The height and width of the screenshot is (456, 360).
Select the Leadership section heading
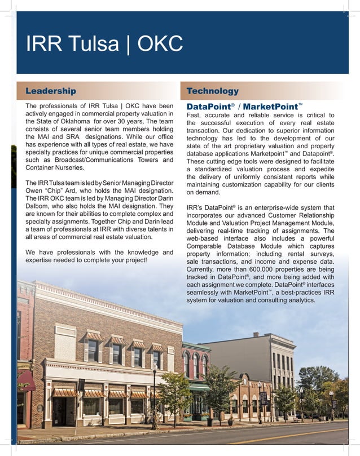(51, 91)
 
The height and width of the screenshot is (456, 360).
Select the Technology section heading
(213, 91)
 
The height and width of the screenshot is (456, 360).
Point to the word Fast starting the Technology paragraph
(194, 116)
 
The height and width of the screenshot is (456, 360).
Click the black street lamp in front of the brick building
(154, 395)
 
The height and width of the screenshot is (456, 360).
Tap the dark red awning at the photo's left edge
(25, 380)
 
